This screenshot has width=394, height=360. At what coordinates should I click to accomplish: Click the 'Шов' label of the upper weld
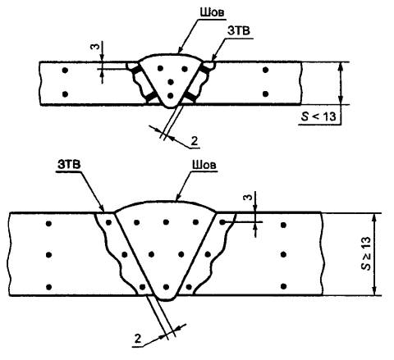[x=211, y=12]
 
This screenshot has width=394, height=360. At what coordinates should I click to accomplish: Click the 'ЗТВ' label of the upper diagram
[x=239, y=31]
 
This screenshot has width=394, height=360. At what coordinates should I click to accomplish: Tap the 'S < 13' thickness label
[x=318, y=116]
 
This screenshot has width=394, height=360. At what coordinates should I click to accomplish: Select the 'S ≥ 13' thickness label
[x=366, y=253]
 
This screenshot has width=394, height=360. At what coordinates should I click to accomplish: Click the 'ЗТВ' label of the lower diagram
[x=69, y=164]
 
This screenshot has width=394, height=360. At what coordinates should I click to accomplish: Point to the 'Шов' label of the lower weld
[x=204, y=164]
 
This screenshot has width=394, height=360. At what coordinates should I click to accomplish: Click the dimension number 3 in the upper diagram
[x=94, y=47]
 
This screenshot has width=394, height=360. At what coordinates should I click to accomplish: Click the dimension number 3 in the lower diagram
[x=247, y=198]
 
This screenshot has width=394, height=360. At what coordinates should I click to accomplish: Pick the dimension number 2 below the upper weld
[x=194, y=141]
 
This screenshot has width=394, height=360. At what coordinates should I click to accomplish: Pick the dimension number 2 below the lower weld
[x=138, y=339]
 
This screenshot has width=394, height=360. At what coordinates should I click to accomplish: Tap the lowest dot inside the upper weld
[x=170, y=96]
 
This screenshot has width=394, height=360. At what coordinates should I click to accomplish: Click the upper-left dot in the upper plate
[x=65, y=71]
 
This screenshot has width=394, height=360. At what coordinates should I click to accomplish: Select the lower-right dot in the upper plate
[x=265, y=94]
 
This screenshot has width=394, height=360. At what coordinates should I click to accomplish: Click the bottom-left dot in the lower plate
[x=49, y=287]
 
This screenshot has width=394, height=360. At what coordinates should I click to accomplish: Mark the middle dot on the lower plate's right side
[x=283, y=255]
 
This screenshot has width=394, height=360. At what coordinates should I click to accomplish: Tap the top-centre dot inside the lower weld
[x=166, y=222]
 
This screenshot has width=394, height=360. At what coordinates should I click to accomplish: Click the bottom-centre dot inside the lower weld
[x=166, y=287]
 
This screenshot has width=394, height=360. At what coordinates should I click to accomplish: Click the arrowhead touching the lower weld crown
[x=177, y=198]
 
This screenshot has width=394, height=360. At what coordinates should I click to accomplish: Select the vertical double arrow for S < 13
[x=340, y=83]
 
